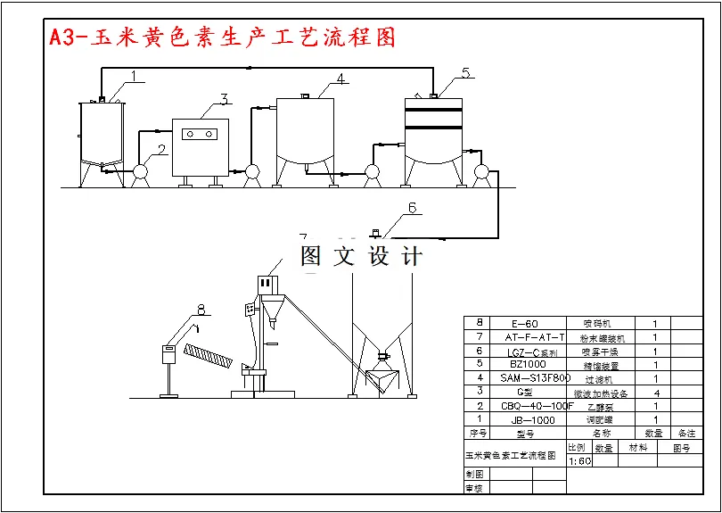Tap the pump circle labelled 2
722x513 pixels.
coord(140,170)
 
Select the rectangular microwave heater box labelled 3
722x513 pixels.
coord(200,146)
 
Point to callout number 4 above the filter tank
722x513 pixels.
coord(340,79)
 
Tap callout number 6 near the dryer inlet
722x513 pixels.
coord(412,209)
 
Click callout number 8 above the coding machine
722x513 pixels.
coord(201,310)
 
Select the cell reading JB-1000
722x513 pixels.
coord(525,419)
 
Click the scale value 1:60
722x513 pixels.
coord(579,461)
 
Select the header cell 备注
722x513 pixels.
coord(686,434)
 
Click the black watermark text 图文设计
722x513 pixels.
coord(361,257)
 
